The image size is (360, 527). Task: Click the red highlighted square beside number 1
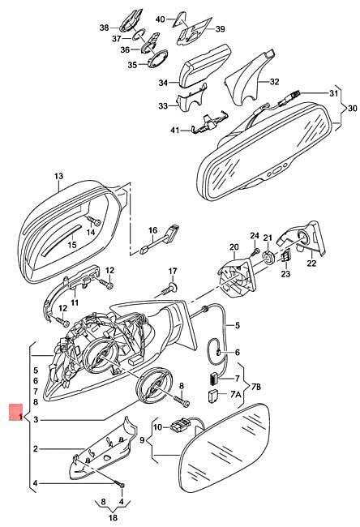tap(15, 412)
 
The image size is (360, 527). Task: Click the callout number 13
tap(58, 176)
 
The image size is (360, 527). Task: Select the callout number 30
tap(352, 109)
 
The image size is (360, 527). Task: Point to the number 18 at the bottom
tap(113, 517)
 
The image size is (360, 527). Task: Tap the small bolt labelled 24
tap(255, 251)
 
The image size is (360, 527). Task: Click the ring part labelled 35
tap(157, 59)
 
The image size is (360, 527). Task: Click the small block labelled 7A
tap(213, 396)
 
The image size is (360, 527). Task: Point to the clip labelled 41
tap(208, 124)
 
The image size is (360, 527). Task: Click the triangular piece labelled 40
tap(180, 19)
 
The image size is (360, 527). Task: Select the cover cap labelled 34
tap(204, 66)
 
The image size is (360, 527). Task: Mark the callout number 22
tap(311, 263)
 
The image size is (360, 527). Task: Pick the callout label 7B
tap(256, 387)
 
